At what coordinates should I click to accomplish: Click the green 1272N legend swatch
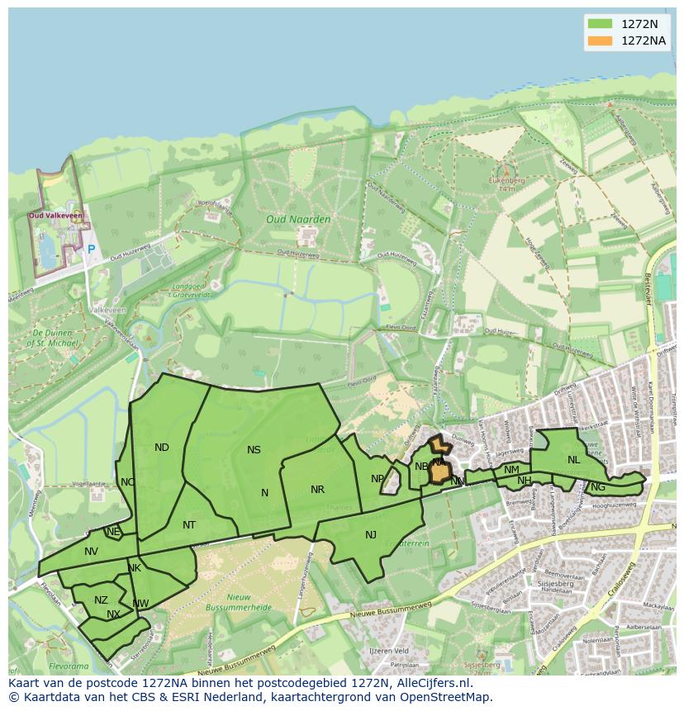click(x=600, y=23)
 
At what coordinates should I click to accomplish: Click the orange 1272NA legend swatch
click(x=600, y=40)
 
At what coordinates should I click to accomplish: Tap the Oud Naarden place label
click(x=298, y=219)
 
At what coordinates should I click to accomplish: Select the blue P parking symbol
click(x=91, y=249)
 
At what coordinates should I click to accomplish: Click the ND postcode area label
click(x=162, y=448)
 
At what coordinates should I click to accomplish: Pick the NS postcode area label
click(x=254, y=450)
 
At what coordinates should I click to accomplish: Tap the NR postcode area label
click(x=317, y=490)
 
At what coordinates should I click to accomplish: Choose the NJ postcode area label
click(x=371, y=535)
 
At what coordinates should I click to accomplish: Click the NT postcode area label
click(x=189, y=525)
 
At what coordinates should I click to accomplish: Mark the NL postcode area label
click(x=573, y=460)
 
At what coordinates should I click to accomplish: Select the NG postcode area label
click(x=598, y=487)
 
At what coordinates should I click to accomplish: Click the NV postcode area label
click(x=91, y=552)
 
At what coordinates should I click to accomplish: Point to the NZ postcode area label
click(x=101, y=600)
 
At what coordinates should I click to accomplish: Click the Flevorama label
click(x=69, y=665)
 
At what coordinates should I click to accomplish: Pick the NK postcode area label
click(x=135, y=568)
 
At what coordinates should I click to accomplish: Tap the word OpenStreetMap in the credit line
click(x=453, y=697)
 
